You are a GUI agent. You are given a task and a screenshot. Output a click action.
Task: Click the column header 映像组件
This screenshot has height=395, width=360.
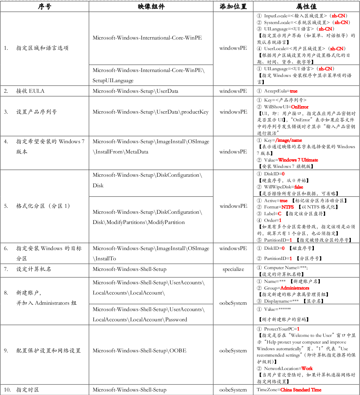click(151, 7)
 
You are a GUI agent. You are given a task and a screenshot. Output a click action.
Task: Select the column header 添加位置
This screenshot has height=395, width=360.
click(233, 7)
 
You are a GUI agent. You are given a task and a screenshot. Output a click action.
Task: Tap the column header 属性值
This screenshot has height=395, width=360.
click(306, 7)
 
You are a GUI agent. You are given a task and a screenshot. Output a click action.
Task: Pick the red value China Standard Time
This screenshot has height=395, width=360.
click(301, 390)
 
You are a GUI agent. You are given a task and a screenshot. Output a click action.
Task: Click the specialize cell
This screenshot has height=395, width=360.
click(233, 269)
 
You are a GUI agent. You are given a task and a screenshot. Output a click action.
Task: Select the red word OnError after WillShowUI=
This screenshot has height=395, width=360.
click(300, 107)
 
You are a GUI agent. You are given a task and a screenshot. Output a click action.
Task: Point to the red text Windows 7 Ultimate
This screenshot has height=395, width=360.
click(298, 160)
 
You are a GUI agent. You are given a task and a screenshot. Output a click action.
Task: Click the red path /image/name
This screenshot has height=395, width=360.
click(289, 140)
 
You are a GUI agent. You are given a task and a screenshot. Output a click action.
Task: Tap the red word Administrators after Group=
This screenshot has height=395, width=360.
click(295, 288)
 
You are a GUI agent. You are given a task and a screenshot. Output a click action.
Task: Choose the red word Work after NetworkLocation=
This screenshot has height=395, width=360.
click(307, 368)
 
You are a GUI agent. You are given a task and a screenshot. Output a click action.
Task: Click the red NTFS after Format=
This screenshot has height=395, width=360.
click(287, 207)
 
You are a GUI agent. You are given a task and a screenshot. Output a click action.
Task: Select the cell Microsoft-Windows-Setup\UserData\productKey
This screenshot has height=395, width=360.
click(150, 112)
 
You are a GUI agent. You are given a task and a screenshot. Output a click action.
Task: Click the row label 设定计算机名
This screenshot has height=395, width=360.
click(33, 269)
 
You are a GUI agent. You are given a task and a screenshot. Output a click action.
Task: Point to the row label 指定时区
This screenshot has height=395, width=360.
click(27, 390)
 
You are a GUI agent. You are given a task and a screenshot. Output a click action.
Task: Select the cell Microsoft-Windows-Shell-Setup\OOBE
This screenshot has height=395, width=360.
click(139, 351)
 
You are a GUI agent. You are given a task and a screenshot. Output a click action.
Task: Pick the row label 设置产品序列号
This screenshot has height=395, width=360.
click(36, 112)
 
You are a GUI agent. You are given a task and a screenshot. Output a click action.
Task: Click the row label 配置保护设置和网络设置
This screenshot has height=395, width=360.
click(48, 351)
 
